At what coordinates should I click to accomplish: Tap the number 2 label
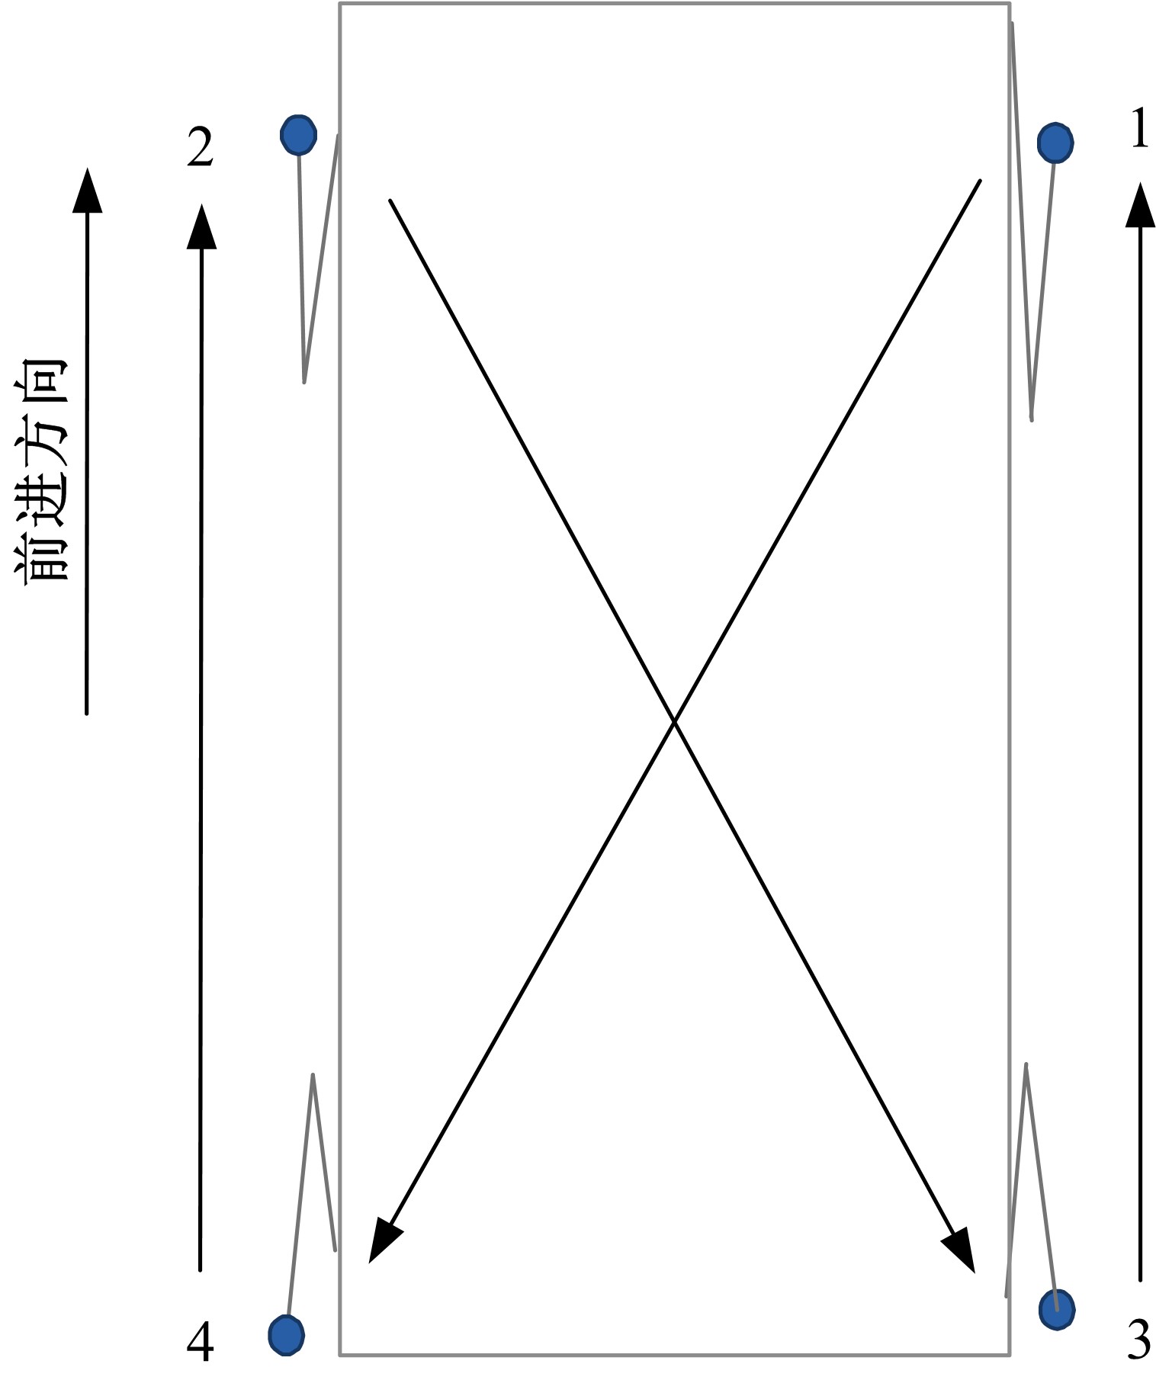200,148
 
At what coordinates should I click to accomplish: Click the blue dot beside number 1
1055,142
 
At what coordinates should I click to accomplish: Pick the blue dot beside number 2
298,135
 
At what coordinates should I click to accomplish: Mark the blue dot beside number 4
287,1335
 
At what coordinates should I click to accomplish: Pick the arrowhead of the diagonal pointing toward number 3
961,1251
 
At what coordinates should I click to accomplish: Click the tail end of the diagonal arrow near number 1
980,181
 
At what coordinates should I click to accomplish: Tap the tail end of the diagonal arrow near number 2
390,201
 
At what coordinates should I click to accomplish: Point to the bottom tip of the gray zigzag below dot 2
304,381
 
